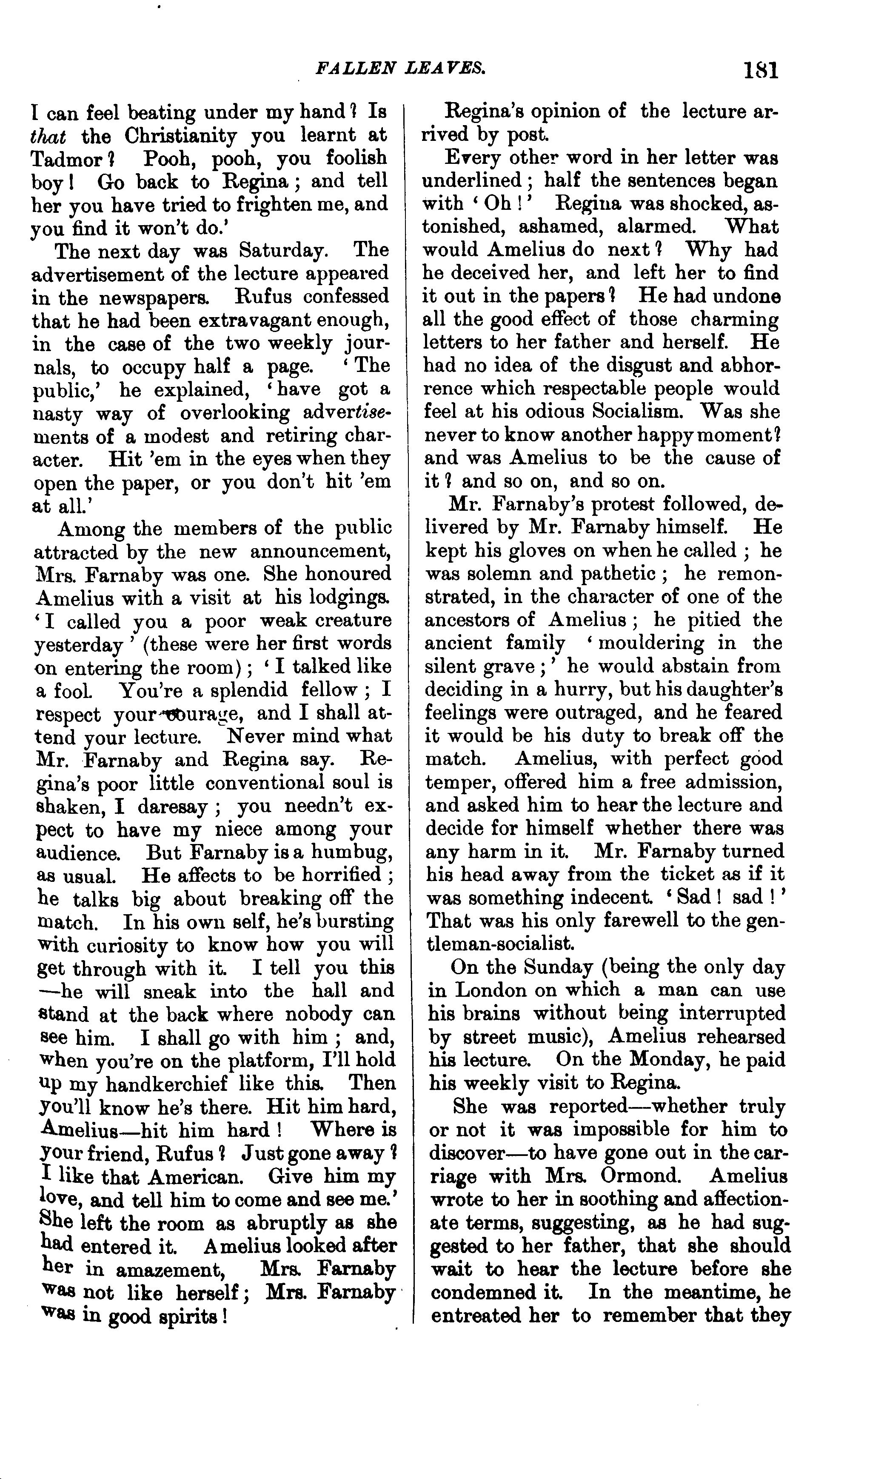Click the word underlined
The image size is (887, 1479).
click(472, 180)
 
